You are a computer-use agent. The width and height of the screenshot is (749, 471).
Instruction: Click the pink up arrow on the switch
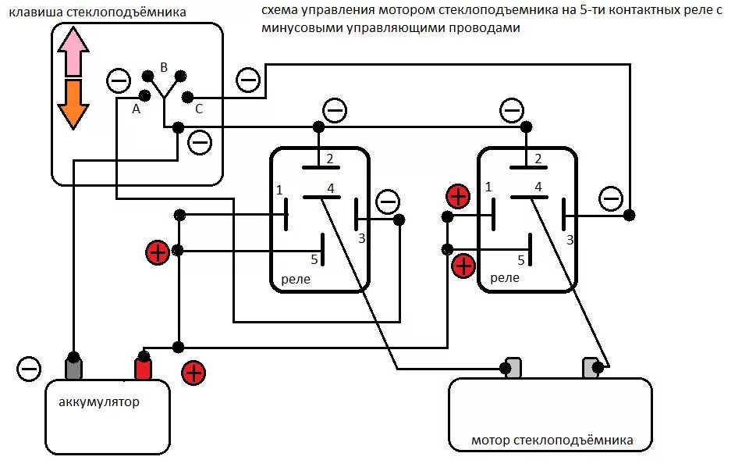point(73,49)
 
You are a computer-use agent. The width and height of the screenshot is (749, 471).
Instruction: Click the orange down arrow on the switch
point(73,103)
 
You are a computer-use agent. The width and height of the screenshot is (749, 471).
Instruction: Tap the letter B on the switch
point(164,68)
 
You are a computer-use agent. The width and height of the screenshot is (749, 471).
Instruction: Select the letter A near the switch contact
point(136,109)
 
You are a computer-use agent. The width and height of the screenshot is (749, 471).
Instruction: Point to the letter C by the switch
point(199,109)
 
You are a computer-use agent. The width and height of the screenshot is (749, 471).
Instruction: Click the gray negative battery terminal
point(73,367)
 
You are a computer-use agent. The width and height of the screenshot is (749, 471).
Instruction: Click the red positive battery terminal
point(143,367)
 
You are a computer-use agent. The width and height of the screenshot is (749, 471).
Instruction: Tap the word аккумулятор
point(99,402)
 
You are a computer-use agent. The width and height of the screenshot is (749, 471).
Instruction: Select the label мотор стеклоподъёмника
point(552,441)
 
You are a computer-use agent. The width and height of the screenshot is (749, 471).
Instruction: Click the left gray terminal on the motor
point(513,367)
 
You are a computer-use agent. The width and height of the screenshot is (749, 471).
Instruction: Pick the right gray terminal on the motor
point(591,367)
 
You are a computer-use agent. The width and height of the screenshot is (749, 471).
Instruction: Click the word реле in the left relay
point(295,279)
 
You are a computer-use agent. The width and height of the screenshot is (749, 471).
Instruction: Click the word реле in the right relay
point(505,277)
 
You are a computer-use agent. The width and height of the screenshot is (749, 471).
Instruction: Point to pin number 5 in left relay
point(314,259)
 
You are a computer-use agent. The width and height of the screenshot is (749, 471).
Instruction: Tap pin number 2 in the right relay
point(537,159)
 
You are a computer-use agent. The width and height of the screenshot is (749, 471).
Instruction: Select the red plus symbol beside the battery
point(193,373)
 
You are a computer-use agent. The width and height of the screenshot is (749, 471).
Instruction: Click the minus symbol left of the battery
point(29,368)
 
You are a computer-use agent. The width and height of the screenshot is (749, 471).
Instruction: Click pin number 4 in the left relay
point(330,187)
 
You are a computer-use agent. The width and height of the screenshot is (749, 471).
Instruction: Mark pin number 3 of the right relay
point(570,240)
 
